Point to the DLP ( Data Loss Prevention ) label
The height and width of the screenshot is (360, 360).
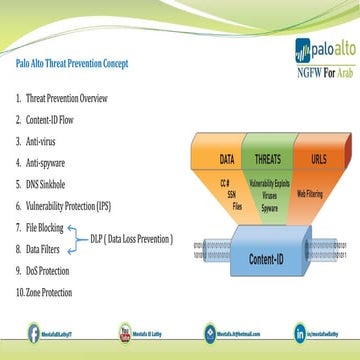[x=129, y=239]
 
